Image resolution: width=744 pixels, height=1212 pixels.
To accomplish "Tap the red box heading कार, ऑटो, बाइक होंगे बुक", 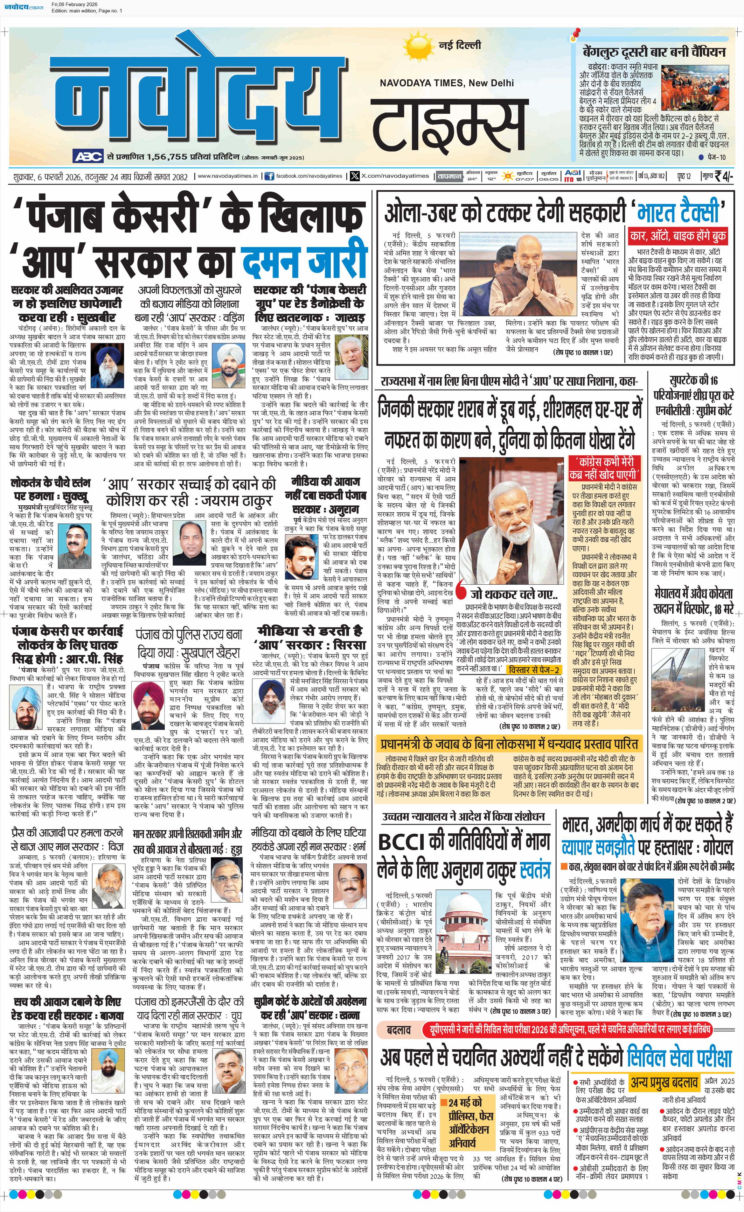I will [677, 236].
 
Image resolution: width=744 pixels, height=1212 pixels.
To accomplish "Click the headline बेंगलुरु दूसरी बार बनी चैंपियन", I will [654, 52].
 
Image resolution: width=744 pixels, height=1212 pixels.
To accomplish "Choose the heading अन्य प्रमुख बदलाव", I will [664, 1083].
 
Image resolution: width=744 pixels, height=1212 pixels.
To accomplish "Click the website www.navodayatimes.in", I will [227, 176].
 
